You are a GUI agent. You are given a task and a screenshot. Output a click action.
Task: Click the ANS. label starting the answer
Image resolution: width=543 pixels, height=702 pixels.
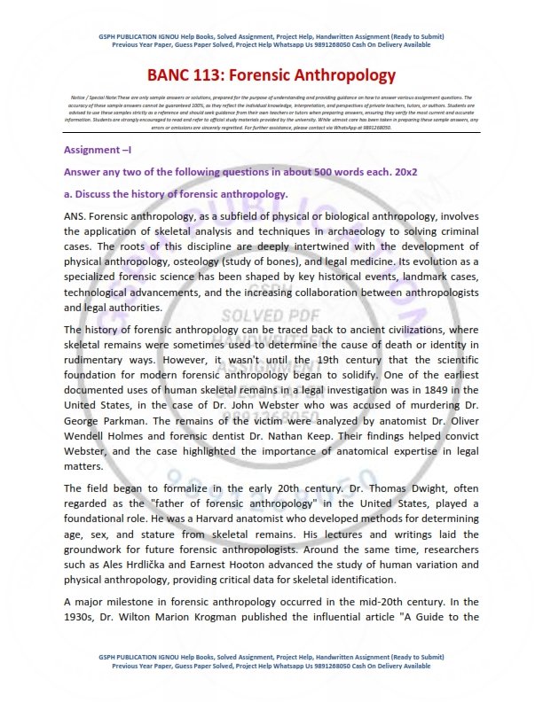76,215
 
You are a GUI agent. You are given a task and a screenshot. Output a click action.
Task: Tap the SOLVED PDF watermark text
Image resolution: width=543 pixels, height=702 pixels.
265,315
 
